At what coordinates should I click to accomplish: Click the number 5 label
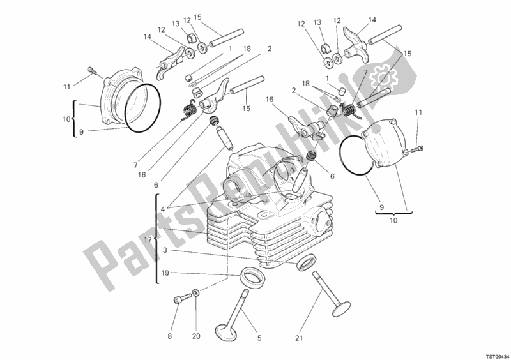point(258,338)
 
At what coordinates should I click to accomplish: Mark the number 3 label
point(165,251)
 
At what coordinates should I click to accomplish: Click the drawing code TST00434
point(492,352)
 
